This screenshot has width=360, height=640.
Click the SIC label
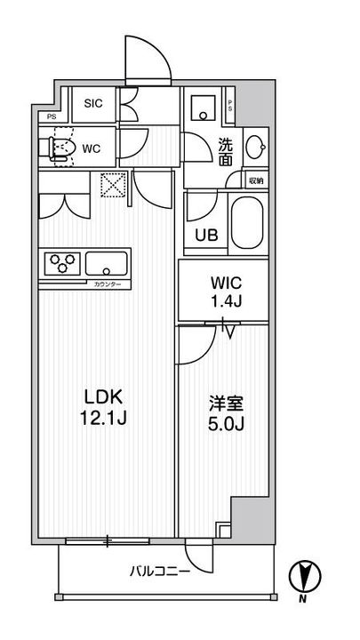point(94,104)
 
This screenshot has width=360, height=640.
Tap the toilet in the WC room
point(62,148)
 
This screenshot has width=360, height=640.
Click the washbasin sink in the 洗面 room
point(254,147)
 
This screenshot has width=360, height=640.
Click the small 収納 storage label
point(255,181)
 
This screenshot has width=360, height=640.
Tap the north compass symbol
point(303,579)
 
